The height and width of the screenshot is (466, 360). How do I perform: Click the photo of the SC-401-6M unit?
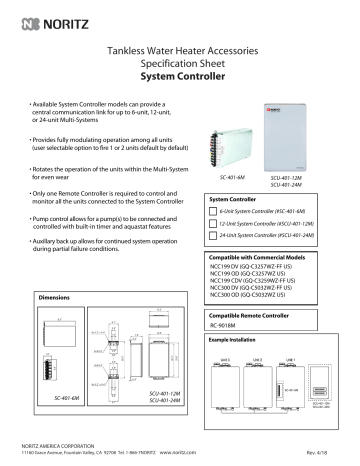[233, 138]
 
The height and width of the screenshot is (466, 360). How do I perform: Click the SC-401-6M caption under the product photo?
[233, 175]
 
